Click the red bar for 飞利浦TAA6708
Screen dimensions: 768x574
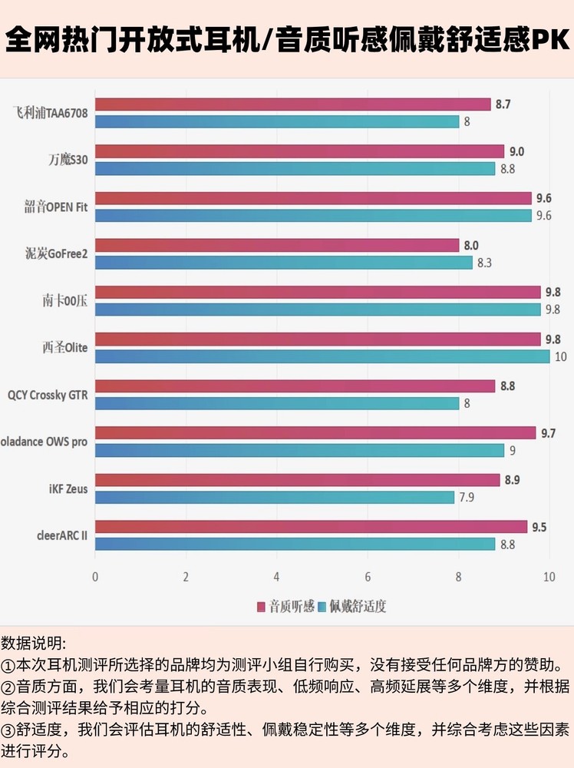(292, 104)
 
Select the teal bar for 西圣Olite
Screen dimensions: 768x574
(322, 356)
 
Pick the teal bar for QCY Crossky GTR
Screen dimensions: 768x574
(277, 403)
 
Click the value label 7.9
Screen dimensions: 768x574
(466, 498)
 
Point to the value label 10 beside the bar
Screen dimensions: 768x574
(561, 356)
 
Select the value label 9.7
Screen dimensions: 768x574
(548, 434)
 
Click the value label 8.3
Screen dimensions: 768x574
(484, 263)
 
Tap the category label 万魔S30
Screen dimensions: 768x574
(68, 161)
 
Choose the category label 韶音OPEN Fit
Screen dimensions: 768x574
(56, 207)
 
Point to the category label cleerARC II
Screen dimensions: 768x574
(61, 535)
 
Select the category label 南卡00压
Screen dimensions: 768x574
(64, 301)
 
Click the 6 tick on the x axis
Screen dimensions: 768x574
(368, 577)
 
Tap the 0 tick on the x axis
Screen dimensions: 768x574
(95, 577)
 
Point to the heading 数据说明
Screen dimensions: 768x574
(34, 642)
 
